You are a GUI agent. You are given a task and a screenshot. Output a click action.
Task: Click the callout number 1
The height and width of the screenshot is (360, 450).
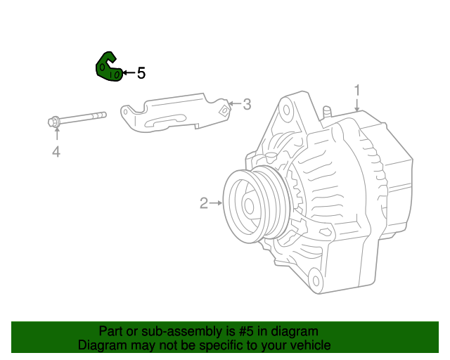point(357,90)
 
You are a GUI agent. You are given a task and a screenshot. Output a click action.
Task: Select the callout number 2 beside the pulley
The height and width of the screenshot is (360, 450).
point(203,204)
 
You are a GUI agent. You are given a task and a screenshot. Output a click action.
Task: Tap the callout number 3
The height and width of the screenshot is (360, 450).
point(246,105)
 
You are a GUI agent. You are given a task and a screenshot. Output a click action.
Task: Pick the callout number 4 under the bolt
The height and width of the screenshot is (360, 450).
point(56,151)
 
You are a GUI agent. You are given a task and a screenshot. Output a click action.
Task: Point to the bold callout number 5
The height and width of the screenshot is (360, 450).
point(141,72)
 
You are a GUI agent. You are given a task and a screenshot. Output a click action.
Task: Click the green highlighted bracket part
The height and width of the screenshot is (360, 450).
point(108,67)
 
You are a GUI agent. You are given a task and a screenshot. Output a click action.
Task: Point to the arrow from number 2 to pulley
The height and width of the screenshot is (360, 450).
point(217,204)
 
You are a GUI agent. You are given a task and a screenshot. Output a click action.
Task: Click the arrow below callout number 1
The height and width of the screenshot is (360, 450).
point(357,105)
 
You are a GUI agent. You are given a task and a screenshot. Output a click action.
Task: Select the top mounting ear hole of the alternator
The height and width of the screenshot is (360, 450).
point(286,110)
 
